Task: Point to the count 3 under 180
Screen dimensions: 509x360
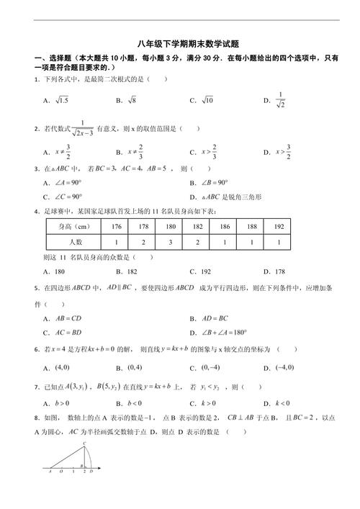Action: [x=170, y=243]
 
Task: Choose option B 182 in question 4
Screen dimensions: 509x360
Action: [x=127, y=271]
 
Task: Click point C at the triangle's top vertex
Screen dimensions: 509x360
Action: [x=84, y=444]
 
